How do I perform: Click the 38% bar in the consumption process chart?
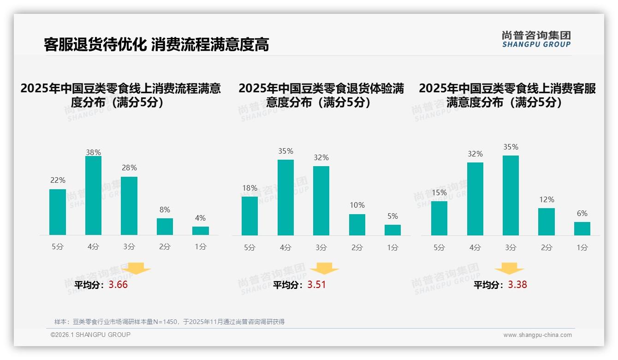[x=93, y=196]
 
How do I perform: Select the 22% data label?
[x=58, y=180]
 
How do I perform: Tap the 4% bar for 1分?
[x=201, y=231]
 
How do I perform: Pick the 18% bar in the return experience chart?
[x=250, y=216]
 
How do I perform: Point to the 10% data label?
[x=357, y=205]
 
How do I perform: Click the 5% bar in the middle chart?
[x=392, y=230]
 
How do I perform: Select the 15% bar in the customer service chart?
[x=439, y=218]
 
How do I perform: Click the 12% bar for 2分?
[x=547, y=222]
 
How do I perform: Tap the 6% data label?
[x=582, y=213]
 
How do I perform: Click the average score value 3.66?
[x=118, y=285]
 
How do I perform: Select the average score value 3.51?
[x=316, y=285]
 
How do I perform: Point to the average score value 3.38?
[x=517, y=285]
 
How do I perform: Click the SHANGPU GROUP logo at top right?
[x=536, y=39]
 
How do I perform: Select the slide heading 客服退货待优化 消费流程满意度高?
[x=156, y=45]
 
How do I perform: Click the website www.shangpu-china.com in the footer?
[x=537, y=335]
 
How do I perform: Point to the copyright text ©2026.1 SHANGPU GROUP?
[x=90, y=335]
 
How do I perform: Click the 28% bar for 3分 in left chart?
[x=129, y=206]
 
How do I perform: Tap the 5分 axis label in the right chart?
[x=439, y=248]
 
